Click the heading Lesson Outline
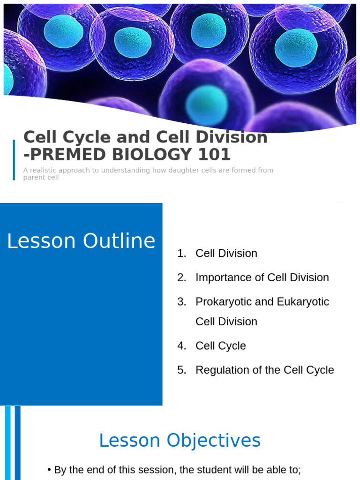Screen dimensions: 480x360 tap(81, 241)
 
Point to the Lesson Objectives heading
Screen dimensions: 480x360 tap(180, 441)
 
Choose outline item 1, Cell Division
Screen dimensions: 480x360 tap(226, 253)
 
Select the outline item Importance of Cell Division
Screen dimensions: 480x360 tap(262, 277)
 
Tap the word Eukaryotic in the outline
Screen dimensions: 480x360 tap(302, 301)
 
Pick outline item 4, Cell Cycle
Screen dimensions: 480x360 tap(220, 345)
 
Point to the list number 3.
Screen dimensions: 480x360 tap(181, 301)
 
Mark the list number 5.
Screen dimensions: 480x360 tap(181, 370)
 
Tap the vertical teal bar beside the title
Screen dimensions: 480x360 tap(14, 159)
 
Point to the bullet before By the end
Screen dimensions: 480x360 tap(49, 470)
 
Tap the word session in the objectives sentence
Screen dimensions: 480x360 tap(153, 470)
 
